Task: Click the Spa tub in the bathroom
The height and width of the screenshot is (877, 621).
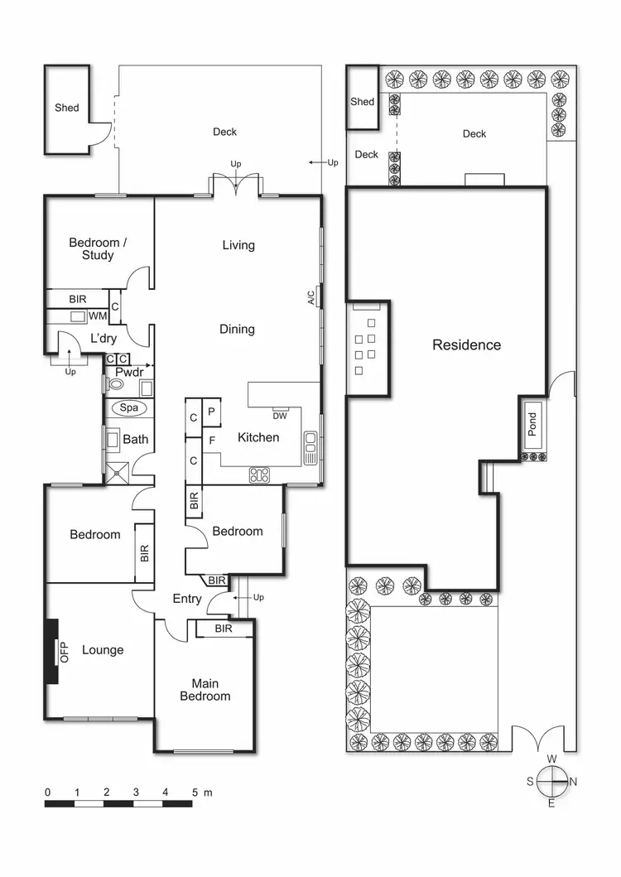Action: tap(128, 408)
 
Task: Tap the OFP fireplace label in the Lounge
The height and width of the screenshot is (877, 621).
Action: tap(64, 651)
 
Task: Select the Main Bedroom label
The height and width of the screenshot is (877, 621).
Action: tap(205, 690)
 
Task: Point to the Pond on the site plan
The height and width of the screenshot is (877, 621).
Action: tap(532, 424)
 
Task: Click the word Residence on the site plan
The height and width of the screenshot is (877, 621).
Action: tap(466, 345)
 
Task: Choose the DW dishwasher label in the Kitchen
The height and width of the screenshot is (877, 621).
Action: tap(279, 416)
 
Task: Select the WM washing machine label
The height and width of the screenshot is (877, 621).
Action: tap(97, 316)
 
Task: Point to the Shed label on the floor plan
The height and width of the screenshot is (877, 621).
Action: tap(67, 108)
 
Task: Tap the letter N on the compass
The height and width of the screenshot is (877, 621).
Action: tap(573, 781)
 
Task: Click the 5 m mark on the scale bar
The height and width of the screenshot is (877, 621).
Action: tap(195, 793)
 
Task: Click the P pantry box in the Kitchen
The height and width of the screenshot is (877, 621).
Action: tap(211, 412)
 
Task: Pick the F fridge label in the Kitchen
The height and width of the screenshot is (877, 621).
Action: tap(212, 441)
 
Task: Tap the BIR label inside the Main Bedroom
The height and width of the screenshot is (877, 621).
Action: tap(223, 629)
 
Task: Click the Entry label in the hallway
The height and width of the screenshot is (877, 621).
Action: tap(187, 599)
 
